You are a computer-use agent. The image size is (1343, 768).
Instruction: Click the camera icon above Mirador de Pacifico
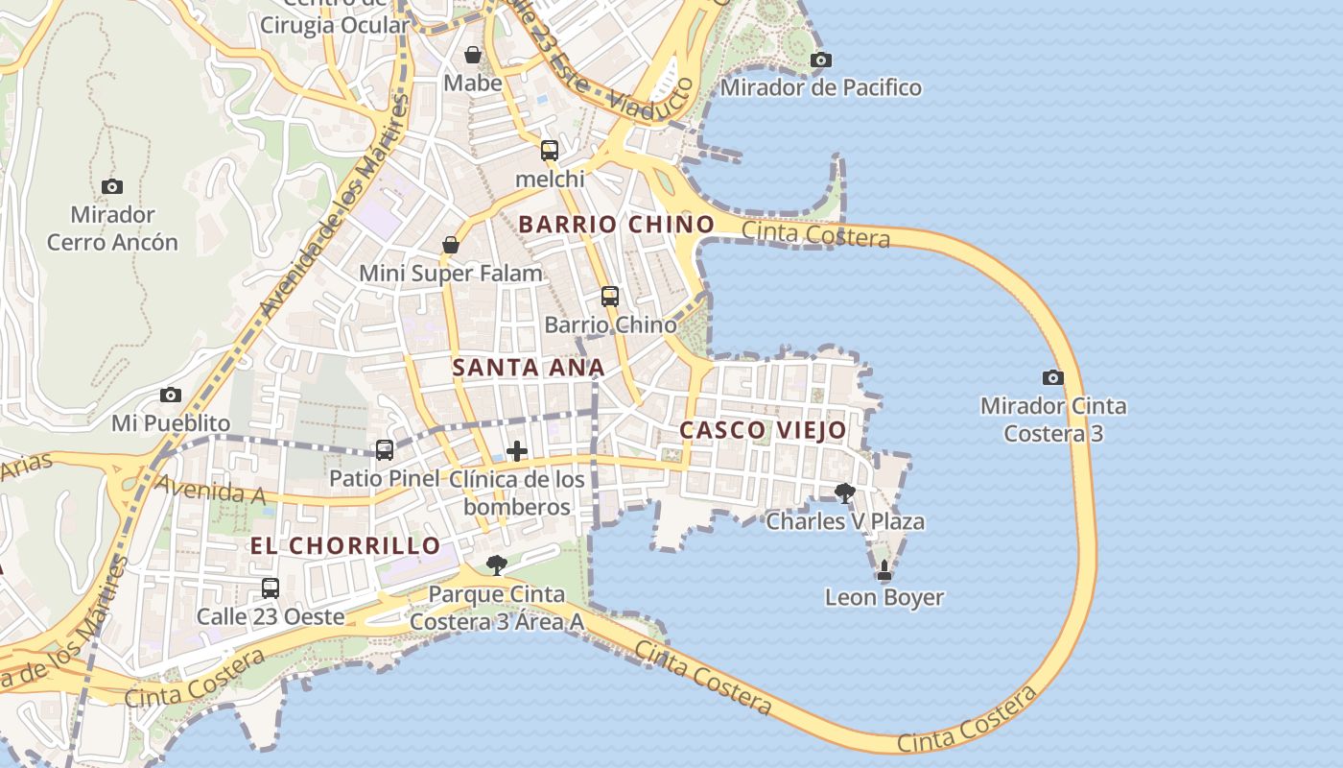pyautogui.click(x=820, y=60)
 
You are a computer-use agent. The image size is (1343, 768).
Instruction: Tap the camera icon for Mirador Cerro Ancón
pyautogui.click(x=112, y=186)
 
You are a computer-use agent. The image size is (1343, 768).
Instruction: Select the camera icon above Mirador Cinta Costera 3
pyautogui.click(x=1052, y=378)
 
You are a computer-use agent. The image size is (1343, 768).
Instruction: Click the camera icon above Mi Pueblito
pyautogui.click(x=171, y=396)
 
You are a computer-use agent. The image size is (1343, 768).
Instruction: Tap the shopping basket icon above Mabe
pyautogui.click(x=472, y=55)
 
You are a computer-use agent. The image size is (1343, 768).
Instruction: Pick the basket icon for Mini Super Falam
pyautogui.click(x=451, y=246)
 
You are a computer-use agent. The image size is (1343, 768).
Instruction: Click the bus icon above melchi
pyautogui.click(x=550, y=151)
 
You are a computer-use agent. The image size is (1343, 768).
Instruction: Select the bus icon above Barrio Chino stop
pyautogui.click(x=610, y=297)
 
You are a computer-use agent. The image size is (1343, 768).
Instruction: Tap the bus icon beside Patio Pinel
pyautogui.click(x=385, y=449)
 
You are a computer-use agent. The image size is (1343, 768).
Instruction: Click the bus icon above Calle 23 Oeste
pyautogui.click(x=271, y=588)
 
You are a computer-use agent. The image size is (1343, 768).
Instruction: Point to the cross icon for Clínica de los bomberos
pyautogui.click(x=517, y=450)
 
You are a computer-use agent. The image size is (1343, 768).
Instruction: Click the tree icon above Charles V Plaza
pyautogui.click(x=845, y=493)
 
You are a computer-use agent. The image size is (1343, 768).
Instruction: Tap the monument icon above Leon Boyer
pyautogui.click(x=884, y=570)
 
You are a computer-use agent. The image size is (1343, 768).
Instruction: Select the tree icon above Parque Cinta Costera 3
pyautogui.click(x=496, y=565)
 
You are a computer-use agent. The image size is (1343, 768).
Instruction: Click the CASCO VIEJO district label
pyautogui.click(x=763, y=430)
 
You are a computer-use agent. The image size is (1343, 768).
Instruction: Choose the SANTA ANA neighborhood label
pyautogui.click(x=529, y=368)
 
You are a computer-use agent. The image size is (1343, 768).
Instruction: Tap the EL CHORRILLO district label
pyautogui.click(x=345, y=546)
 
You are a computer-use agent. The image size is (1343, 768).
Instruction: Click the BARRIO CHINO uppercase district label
pyautogui.click(x=617, y=225)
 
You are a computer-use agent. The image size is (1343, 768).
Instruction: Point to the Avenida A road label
pyautogui.click(x=210, y=491)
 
